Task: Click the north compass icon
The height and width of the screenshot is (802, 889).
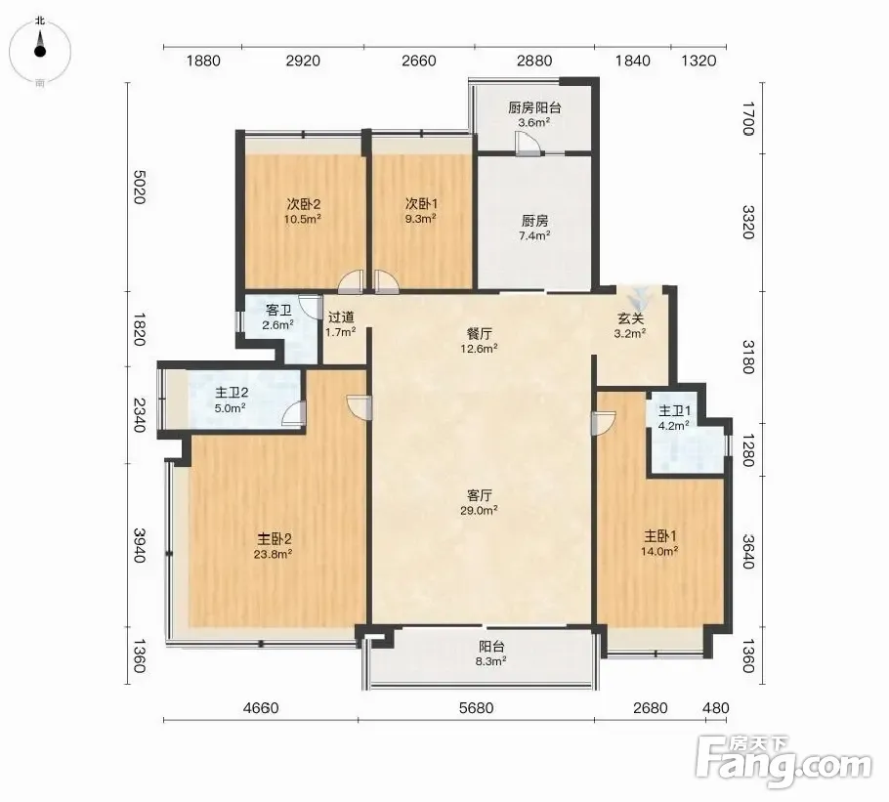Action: tap(40, 51)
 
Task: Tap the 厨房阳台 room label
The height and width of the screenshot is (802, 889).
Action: tap(534, 114)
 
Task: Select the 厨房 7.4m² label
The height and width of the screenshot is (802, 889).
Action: tap(534, 228)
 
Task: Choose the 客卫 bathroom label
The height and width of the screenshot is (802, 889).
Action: tap(277, 317)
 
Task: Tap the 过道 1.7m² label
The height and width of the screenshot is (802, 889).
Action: tap(341, 324)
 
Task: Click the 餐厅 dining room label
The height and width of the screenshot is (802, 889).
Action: tap(479, 341)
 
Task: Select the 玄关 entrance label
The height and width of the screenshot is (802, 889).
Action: tap(630, 325)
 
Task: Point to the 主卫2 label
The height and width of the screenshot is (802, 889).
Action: tap(231, 400)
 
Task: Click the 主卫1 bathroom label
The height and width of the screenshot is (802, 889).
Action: tap(674, 418)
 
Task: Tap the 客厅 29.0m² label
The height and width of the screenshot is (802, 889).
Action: tap(479, 502)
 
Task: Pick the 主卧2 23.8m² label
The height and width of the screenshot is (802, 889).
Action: tap(274, 545)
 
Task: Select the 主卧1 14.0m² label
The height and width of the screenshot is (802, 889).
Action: tap(660, 543)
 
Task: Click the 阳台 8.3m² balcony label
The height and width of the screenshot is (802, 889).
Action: tap(491, 654)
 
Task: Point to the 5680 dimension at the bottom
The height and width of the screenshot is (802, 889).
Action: tap(477, 708)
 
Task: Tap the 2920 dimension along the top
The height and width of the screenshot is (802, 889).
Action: tap(303, 61)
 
